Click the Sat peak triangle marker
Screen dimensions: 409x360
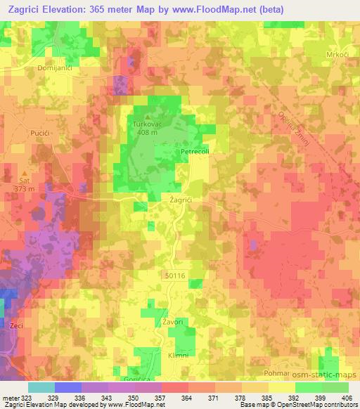(x=26, y=171)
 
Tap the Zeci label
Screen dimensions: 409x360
(x=16, y=327)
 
